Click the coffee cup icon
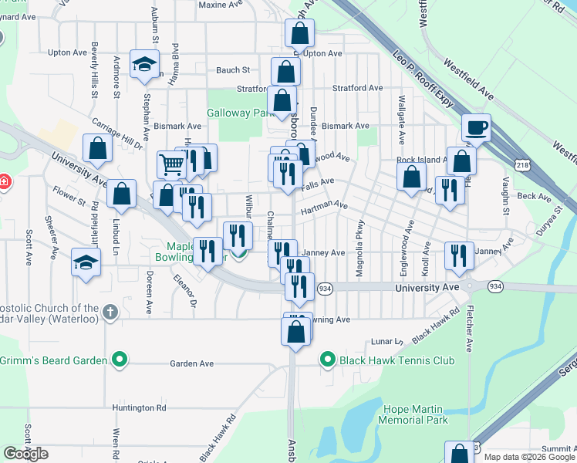pyautogui.click(x=476, y=127)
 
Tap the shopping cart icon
pyautogui.click(x=171, y=164)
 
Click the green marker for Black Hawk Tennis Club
pyautogui.click(x=327, y=359)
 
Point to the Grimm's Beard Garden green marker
pyautogui.click(x=119, y=359)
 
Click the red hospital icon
pyautogui.click(x=4, y=183)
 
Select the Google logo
pyautogui.click(x=25, y=454)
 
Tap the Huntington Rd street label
pyautogui.click(x=139, y=407)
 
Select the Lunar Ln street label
pyautogui.click(x=387, y=341)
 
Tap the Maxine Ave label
pyautogui.click(x=221, y=5)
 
